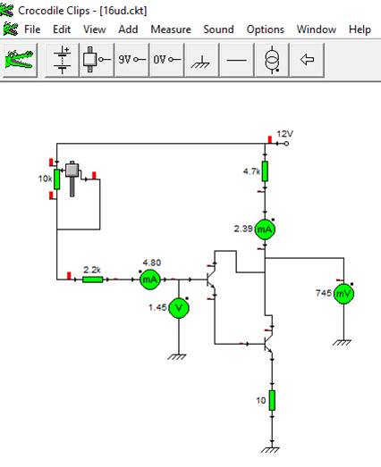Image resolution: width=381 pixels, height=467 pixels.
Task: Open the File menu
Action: [x=32, y=29]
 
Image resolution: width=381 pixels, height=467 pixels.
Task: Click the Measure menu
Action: [x=171, y=29]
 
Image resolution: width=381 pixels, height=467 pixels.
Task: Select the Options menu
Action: [x=266, y=29]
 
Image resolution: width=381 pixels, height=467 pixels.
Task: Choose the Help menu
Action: [x=360, y=29]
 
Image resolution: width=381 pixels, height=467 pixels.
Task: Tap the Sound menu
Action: [x=218, y=29]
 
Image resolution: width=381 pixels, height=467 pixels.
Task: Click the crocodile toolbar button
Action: [x=20, y=60]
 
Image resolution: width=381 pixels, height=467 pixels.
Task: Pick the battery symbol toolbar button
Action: [x=62, y=60]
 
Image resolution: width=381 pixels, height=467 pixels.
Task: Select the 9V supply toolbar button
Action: [x=131, y=60]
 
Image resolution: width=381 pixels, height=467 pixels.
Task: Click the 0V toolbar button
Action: [x=166, y=60]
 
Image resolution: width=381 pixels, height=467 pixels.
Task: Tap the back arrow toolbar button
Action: [x=307, y=60]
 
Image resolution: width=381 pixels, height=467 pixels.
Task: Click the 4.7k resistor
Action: [x=265, y=171]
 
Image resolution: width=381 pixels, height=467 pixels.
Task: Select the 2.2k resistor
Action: [x=92, y=279]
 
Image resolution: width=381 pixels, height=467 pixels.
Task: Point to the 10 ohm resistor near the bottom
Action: [x=272, y=401]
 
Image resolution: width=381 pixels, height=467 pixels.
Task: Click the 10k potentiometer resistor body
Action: [x=56, y=179]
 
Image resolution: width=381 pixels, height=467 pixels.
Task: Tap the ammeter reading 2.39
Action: [x=265, y=229]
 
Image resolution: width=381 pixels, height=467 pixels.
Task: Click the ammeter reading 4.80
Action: [x=149, y=279]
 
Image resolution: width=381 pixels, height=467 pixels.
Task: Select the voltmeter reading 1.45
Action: [x=179, y=308]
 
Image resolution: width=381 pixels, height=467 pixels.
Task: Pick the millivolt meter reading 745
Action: [x=343, y=294]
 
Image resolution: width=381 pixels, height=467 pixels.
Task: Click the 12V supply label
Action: [x=284, y=134]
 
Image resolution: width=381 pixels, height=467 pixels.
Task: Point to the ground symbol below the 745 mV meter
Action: [x=342, y=343]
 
